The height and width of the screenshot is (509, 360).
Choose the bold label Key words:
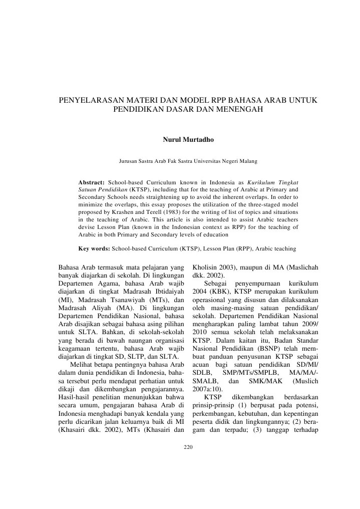click(94, 248)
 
